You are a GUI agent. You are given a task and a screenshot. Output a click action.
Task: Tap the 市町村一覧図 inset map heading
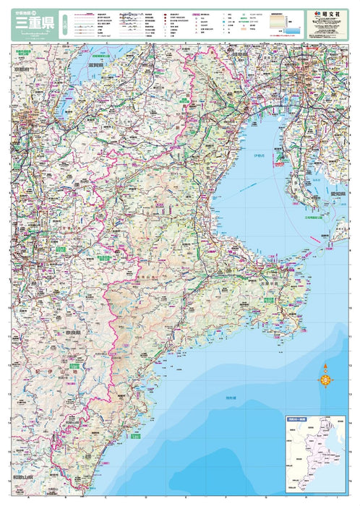[295, 421]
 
